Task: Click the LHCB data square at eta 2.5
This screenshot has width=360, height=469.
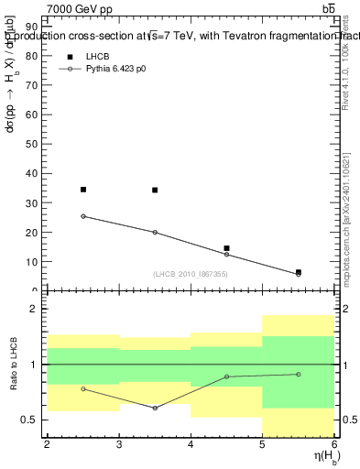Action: point(83,190)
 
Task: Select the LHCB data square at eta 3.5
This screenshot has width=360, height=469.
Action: point(155,191)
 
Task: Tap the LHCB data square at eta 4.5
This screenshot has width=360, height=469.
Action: point(226,248)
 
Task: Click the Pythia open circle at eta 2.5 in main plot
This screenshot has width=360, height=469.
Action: point(83,216)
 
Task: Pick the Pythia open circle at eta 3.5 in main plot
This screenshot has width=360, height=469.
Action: point(155,232)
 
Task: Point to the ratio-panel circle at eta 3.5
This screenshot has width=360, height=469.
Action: point(155,408)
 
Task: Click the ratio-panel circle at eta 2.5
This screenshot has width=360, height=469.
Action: point(83,388)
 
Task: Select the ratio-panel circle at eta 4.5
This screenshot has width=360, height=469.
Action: point(226,376)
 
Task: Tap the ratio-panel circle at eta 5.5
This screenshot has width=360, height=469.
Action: point(298,374)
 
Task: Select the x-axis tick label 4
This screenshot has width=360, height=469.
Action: point(191,444)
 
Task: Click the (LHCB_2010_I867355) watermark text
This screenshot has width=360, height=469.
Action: point(191,275)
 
